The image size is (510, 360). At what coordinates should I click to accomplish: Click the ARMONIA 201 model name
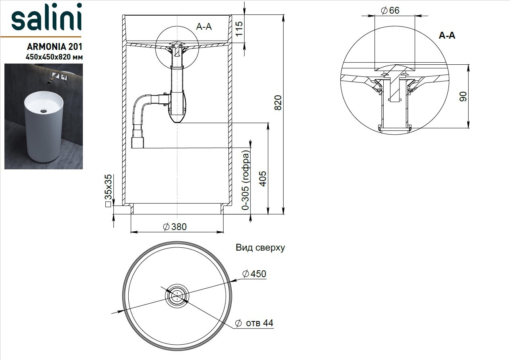pyautogui.click(x=54, y=47)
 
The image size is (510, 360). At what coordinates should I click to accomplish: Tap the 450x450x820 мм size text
pyautogui.click(x=54, y=57)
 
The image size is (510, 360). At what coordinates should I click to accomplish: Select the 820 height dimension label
pyautogui.click(x=278, y=103)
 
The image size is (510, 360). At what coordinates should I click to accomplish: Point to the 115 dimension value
pyautogui.click(x=239, y=29)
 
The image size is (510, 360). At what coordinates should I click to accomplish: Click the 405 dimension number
pyautogui.click(x=263, y=179)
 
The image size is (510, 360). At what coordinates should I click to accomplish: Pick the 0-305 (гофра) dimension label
pyautogui.click(x=246, y=180)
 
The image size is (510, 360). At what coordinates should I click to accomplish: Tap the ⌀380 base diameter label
pyautogui.click(x=175, y=227)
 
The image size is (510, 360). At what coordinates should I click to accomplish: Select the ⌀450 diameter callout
pyautogui.click(x=254, y=274)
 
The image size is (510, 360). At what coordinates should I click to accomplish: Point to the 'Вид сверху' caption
pyautogui.click(x=260, y=247)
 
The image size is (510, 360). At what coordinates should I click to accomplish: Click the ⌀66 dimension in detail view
pyautogui.click(x=390, y=10)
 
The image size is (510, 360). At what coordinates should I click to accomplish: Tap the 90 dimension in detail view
pyautogui.click(x=463, y=96)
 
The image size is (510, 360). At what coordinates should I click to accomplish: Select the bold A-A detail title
pyautogui.click(x=447, y=35)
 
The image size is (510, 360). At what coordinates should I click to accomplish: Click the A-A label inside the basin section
pyautogui.click(x=204, y=27)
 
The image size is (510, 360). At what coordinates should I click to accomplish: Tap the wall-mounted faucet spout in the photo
pyautogui.click(x=51, y=80)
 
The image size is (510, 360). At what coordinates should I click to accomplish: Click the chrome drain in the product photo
pyautogui.click(x=43, y=111)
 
